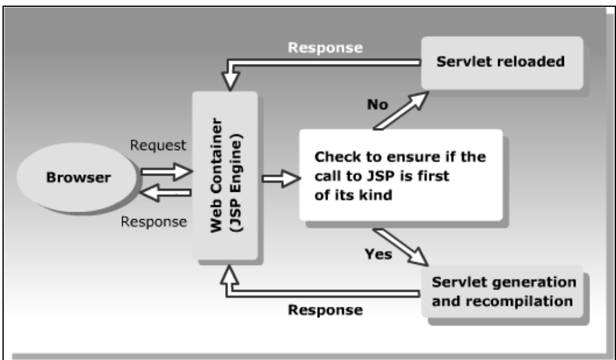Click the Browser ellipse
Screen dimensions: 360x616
[78, 178]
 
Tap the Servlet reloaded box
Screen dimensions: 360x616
[501, 62]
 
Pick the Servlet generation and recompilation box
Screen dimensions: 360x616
[503, 292]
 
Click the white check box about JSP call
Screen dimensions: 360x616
[400, 175]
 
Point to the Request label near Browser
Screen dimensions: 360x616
[158, 145]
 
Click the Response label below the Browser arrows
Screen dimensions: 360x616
[153, 222]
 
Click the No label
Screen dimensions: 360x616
[377, 104]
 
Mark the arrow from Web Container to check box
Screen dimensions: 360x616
[280, 179]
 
